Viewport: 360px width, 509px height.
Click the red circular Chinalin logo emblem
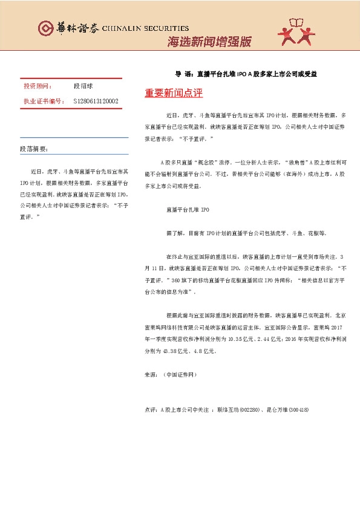[x=45, y=28]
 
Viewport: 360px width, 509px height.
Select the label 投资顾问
[x=38, y=87]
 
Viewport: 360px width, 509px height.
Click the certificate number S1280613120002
[x=95, y=101]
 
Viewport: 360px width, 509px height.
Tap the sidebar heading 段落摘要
[x=34, y=149]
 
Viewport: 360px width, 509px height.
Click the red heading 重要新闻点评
[x=173, y=94]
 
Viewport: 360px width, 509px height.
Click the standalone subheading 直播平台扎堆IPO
[x=187, y=210]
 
